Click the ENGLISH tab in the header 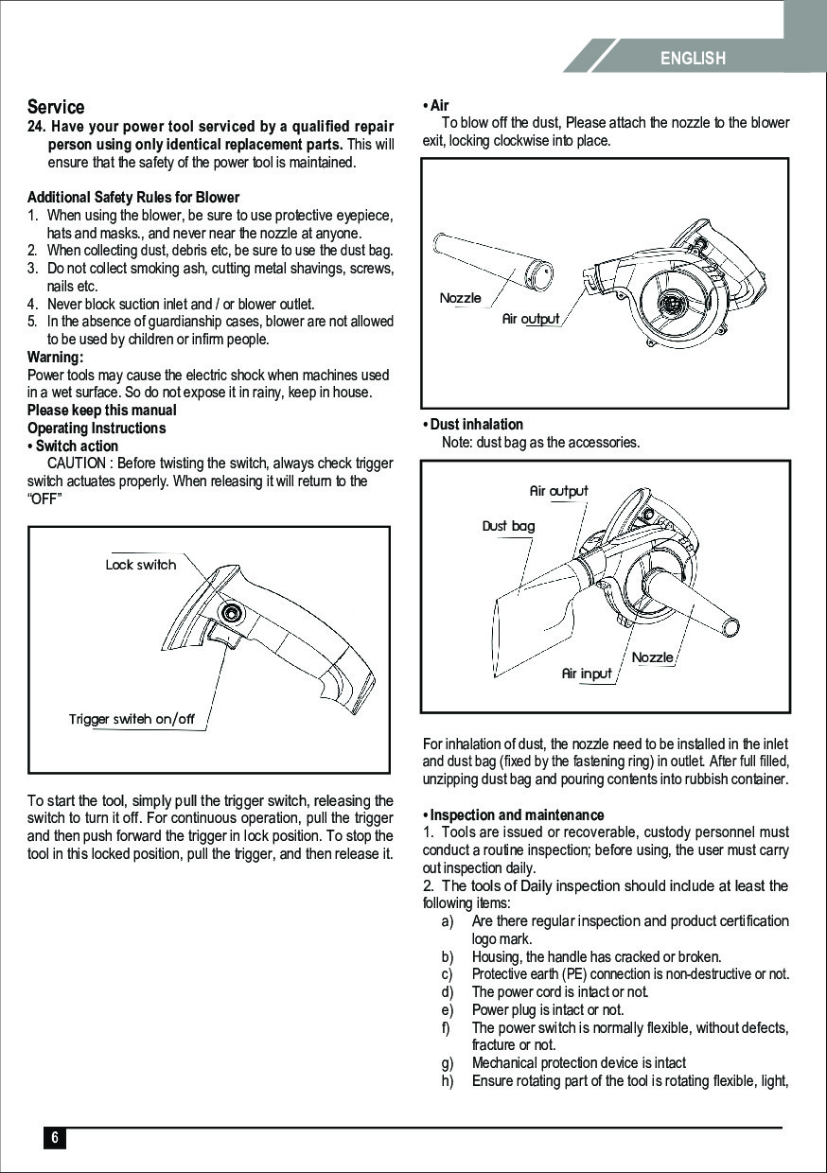point(693,59)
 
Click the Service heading point(56,107)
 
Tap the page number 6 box point(55,1138)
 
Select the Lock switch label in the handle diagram point(141,565)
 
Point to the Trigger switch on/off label point(132,719)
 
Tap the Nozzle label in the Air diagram point(461,298)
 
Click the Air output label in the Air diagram point(531,319)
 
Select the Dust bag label point(508,526)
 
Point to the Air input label point(587,674)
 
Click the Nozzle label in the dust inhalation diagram point(653,657)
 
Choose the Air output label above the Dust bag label point(558,491)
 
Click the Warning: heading point(55,358)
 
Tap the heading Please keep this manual point(101,411)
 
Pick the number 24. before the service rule point(37,127)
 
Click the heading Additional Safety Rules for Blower point(133,198)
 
